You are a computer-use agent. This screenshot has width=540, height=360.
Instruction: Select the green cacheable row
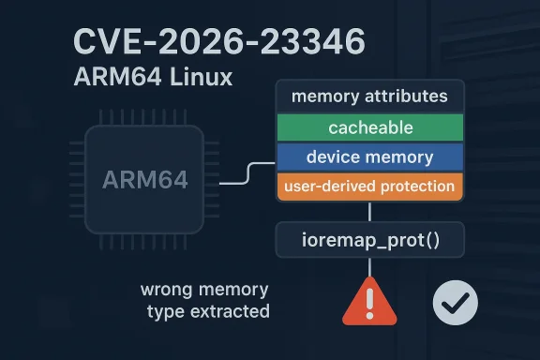pos(370,127)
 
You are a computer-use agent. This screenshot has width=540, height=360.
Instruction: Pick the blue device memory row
pos(370,157)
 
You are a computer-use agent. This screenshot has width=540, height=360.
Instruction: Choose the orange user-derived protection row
pos(370,187)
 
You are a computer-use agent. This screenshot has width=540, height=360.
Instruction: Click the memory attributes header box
pos(370,97)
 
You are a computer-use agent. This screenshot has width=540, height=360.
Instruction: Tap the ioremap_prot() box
pos(370,239)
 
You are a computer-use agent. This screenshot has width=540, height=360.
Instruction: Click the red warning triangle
pos(372,303)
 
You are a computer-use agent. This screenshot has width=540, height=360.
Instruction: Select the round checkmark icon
pos(456,302)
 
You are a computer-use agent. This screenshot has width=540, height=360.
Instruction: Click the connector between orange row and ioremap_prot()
pos(370,211)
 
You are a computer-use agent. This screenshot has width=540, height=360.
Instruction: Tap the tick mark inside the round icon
pos(457,302)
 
